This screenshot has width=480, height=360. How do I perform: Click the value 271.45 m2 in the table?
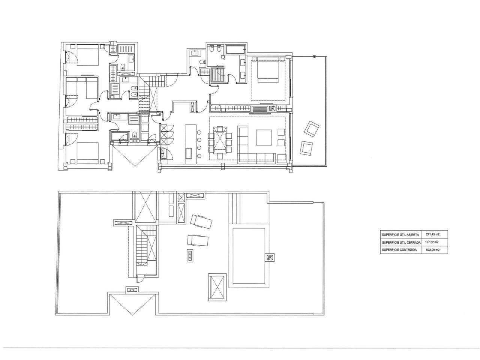[x=432, y=234]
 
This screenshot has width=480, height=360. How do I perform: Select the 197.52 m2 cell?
[x=432, y=242]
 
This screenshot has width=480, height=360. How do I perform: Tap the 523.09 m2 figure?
[x=432, y=250]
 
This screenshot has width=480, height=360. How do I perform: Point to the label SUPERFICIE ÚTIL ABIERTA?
[x=400, y=234]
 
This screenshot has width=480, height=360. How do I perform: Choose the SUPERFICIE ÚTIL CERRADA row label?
[x=401, y=242]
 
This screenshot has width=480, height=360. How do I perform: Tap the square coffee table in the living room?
[x=264, y=137]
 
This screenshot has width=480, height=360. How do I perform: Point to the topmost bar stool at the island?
[x=199, y=132]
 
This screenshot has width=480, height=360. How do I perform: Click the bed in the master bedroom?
[x=268, y=69]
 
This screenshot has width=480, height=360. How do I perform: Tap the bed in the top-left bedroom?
[x=87, y=55]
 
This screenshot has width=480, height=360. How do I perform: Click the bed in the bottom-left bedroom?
[x=87, y=153]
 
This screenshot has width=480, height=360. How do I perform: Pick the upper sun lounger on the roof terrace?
[x=201, y=222]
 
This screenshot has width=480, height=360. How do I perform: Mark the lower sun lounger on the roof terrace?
[x=198, y=240]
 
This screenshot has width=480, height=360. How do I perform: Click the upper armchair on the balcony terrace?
[x=311, y=129]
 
